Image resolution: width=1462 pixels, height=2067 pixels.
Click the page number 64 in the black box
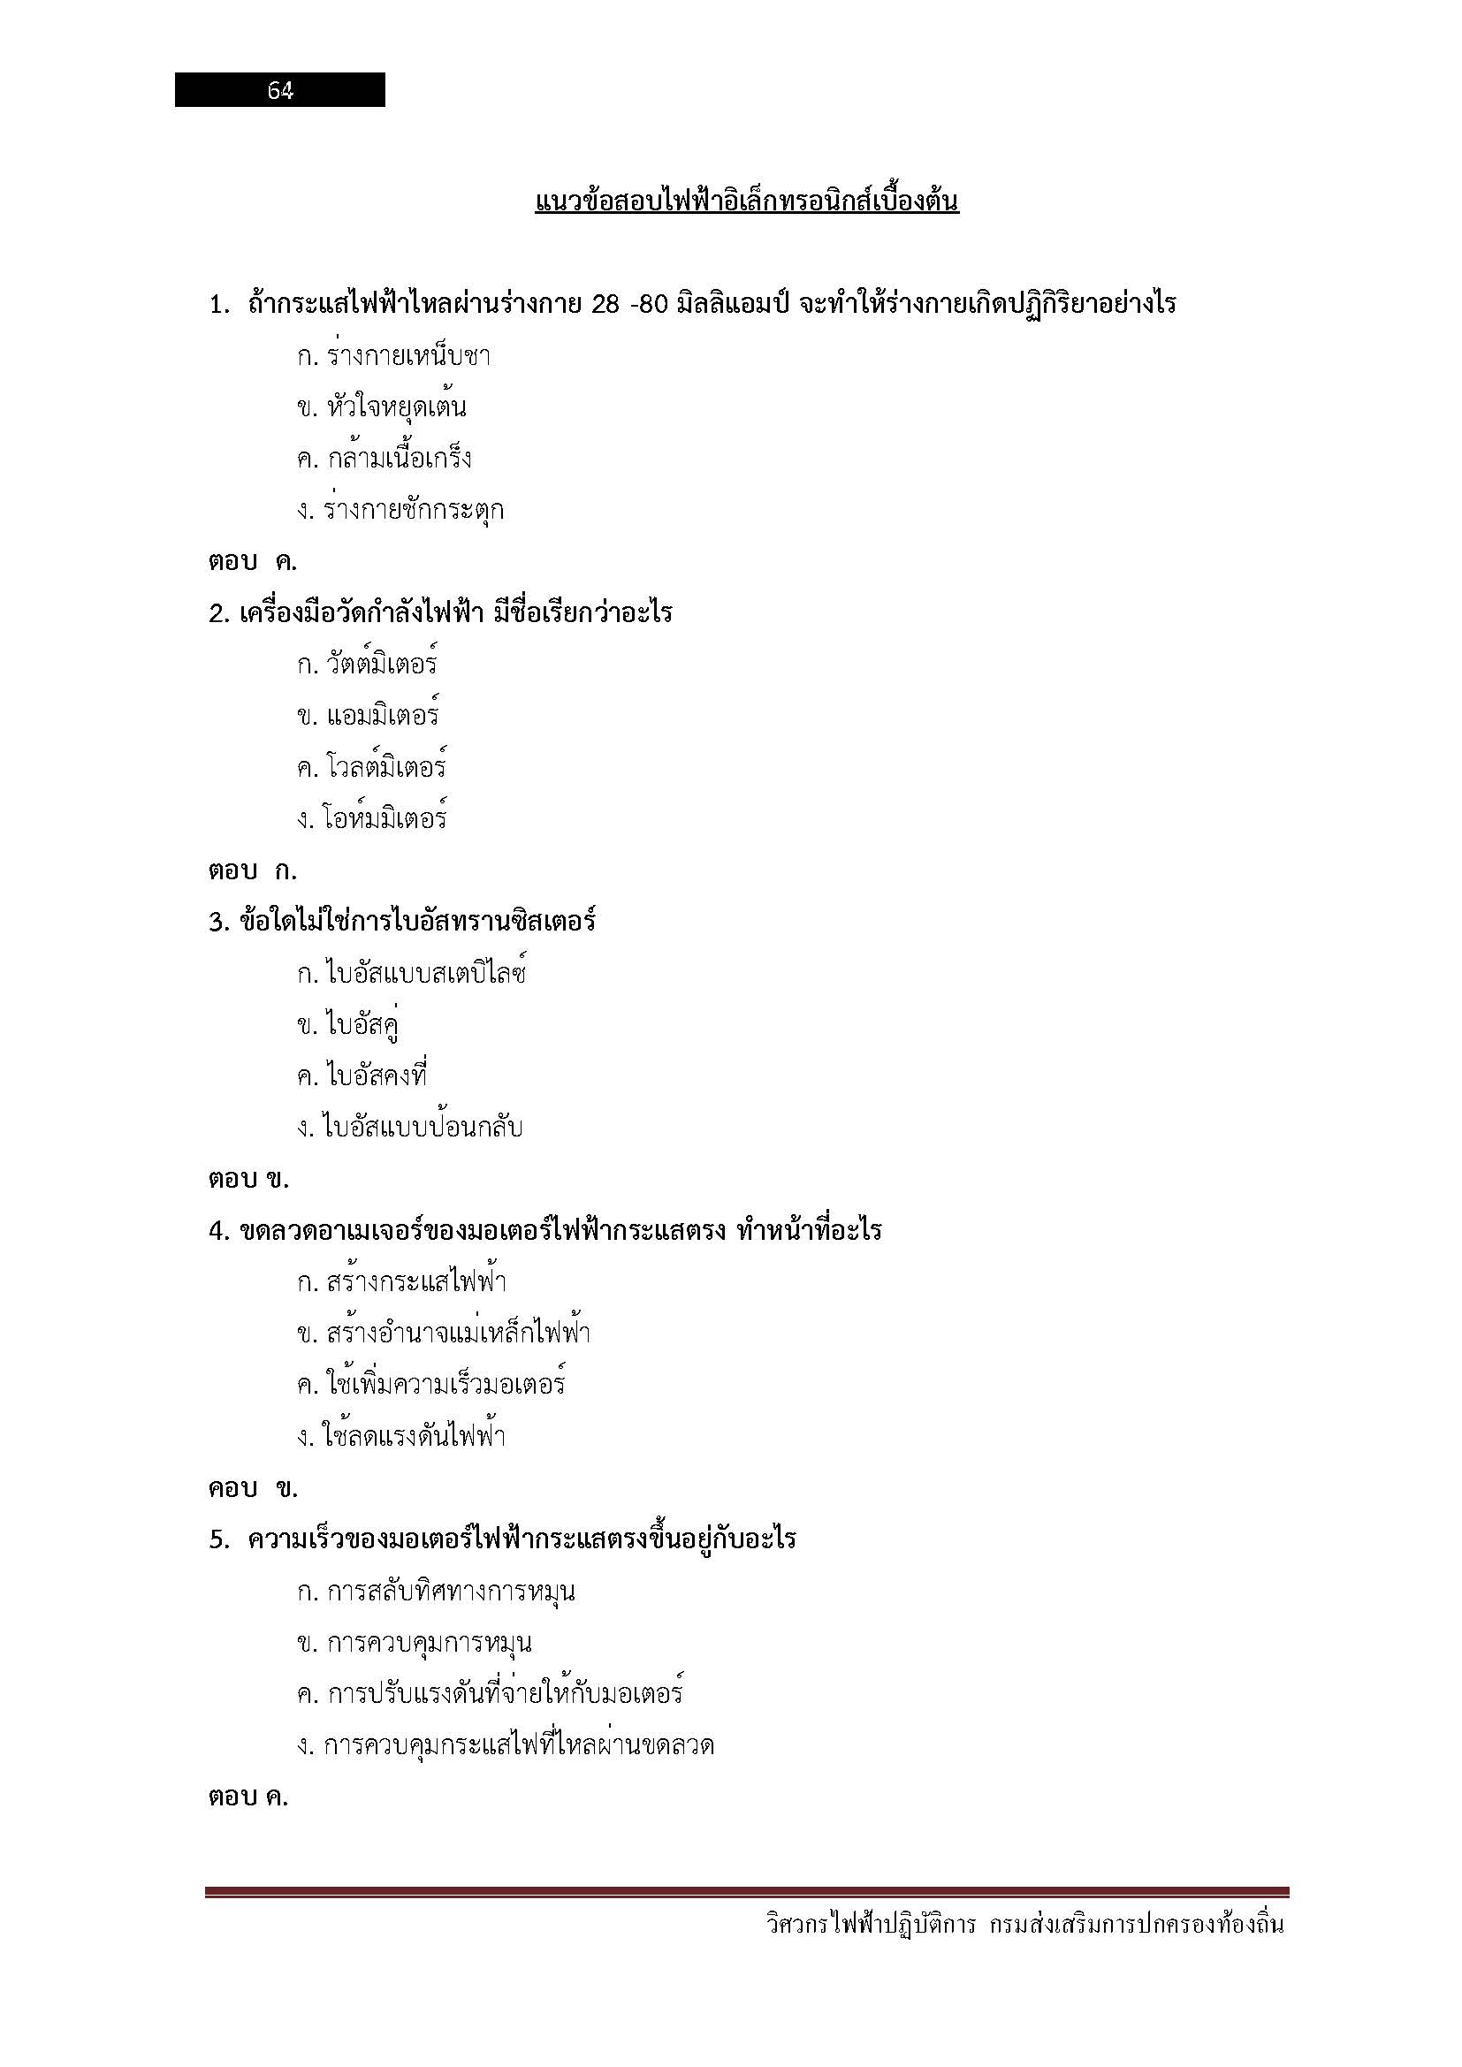pyautogui.click(x=280, y=90)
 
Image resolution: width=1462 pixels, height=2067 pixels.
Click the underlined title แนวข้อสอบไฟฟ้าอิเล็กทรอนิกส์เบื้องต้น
pyautogui.click(x=746, y=201)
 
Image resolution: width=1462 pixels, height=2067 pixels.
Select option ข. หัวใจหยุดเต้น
pyautogui.click(x=382, y=407)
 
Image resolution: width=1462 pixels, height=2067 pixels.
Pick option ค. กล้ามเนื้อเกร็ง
pyautogui.click(x=385, y=460)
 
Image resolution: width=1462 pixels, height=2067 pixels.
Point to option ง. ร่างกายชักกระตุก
pyautogui.click(x=400, y=511)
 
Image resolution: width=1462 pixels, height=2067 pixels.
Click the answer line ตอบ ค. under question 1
pyautogui.click(x=252, y=562)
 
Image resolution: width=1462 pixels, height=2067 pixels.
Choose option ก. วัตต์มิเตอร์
pyautogui.click(x=368, y=665)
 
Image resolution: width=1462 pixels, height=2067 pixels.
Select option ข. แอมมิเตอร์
pyautogui.click(x=369, y=717)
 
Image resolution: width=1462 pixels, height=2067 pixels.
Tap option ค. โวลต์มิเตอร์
pyautogui.click(x=372, y=768)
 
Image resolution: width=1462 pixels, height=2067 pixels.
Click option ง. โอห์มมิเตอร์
pyautogui.click(x=372, y=819)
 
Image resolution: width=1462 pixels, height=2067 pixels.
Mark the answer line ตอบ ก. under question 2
pyautogui.click(x=252, y=870)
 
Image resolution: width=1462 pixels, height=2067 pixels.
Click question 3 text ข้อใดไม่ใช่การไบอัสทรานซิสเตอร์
pyautogui.click(x=418, y=922)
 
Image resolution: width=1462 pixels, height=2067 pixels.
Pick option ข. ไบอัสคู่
pyautogui.click(x=348, y=1025)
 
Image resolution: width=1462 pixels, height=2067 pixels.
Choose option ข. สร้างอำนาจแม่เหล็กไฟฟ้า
pyautogui.click(x=444, y=1334)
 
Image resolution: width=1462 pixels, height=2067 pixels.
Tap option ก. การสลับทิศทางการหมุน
pyautogui.click(x=436, y=1592)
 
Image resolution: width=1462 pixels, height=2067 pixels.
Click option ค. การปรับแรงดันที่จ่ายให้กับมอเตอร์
pyautogui.click(x=490, y=1694)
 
